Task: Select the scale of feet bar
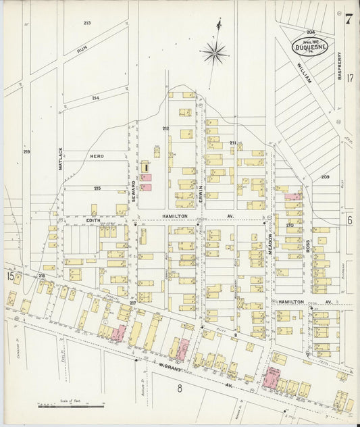[x=68, y=407]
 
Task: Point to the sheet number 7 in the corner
[x=348, y=19]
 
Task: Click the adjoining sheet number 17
[x=350, y=78]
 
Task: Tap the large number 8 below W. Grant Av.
[x=180, y=388]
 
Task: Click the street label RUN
[x=82, y=49]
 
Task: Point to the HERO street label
[x=97, y=156]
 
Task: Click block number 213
[x=87, y=23]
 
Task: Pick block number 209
[x=324, y=177]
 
